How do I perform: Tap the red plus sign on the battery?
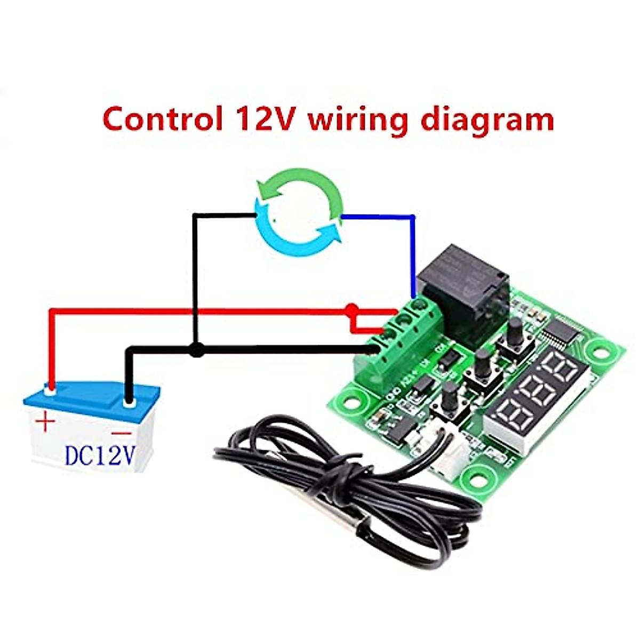pos(46,423)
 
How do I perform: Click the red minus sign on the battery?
pos(122,433)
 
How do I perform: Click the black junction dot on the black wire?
pos(197,350)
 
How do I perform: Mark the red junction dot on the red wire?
pos(351,309)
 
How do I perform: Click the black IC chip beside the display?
pos(559,333)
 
